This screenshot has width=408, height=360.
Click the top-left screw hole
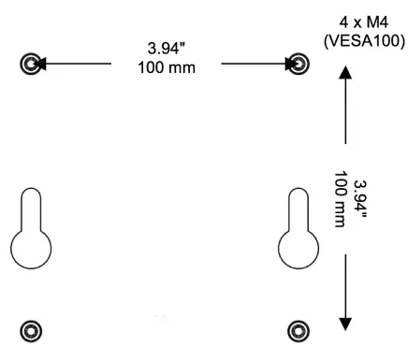(x=31, y=64)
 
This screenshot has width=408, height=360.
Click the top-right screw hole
(x=299, y=64)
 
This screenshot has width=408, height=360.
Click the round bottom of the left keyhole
(x=31, y=249)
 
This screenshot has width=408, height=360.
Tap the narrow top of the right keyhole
(x=299, y=203)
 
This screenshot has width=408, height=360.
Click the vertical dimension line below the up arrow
(x=346, y=112)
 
